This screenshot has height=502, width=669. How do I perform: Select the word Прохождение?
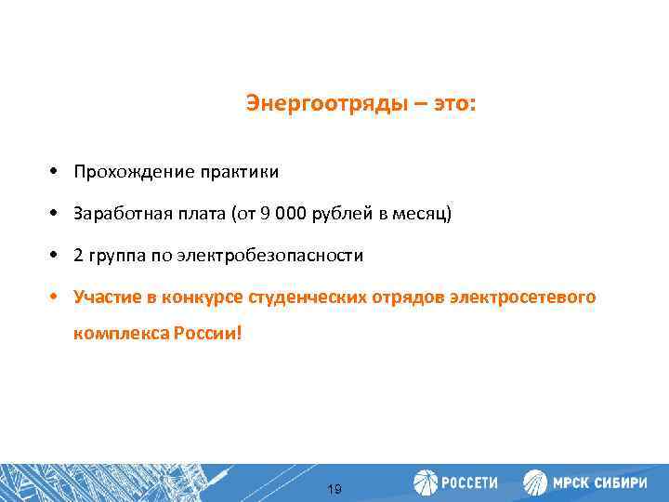click(121, 173)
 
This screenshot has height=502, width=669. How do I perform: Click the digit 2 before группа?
click(80, 256)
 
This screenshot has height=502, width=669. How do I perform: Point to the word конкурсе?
click(202, 297)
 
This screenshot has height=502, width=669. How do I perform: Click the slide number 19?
click(334, 489)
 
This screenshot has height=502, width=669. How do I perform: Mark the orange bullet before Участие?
click(57, 297)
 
